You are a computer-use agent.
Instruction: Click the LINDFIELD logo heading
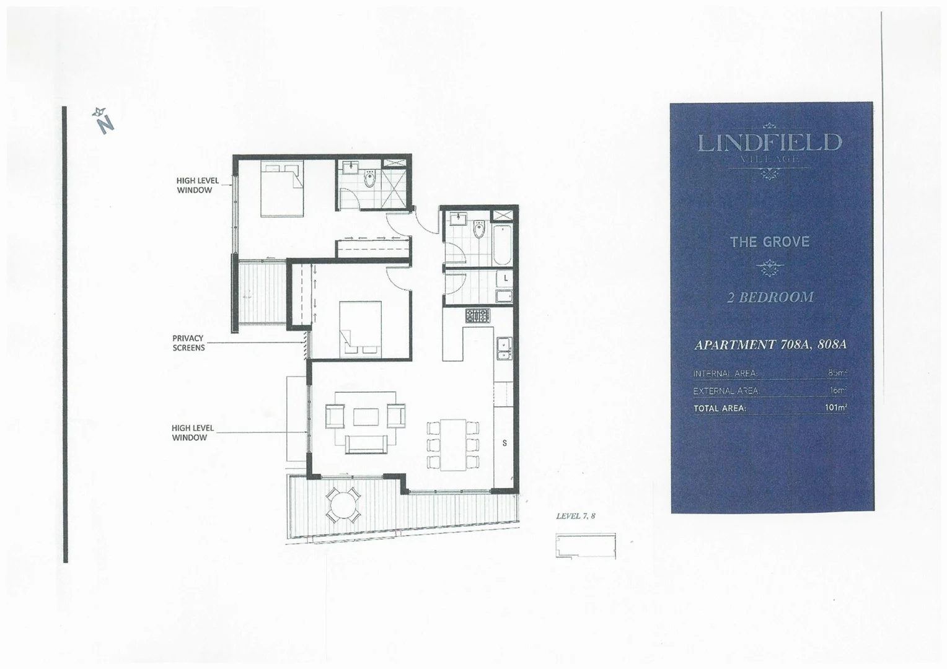770,143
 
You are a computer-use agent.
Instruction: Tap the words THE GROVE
770,242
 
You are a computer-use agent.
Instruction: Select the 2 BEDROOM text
770,297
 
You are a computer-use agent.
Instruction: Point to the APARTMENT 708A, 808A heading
770,344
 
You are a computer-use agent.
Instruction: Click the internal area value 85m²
837,373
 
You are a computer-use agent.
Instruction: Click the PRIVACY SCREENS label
188,343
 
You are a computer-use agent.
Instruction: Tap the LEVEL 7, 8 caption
576,516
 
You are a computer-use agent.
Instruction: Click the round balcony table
343,505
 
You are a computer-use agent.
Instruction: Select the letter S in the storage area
504,443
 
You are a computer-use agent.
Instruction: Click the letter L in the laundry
506,279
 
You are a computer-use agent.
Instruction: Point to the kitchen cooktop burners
477,315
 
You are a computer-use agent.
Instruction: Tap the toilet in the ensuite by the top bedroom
371,179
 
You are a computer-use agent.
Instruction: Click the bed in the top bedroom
282,188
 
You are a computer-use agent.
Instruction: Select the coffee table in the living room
366,416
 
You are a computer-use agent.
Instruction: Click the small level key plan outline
586,546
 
